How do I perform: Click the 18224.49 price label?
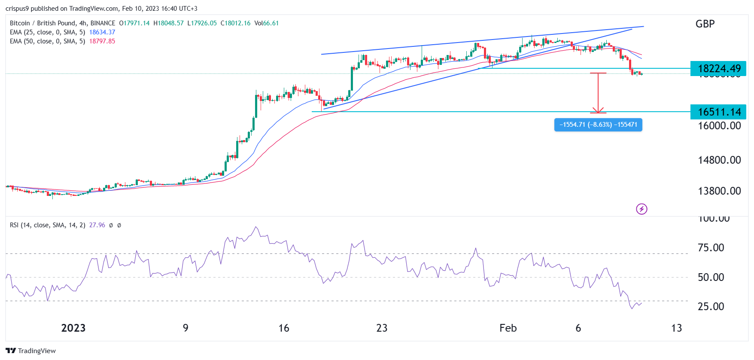pyautogui.click(x=718, y=68)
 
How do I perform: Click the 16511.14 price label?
pyautogui.click(x=718, y=112)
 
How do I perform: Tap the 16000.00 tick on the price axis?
pyautogui.click(x=719, y=126)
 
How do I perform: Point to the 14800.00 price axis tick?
pyautogui.click(x=719, y=160)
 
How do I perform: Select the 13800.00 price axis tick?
pyautogui.click(x=719, y=191)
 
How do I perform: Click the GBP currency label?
pyautogui.click(x=705, y=24)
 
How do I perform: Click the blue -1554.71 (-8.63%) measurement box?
pyautogui.click(x=598, y=125)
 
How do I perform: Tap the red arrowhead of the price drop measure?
pyautogui.click(x=598, y=110)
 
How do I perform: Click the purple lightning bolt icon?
pyautogui.click(x=642, y=209)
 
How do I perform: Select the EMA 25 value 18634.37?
pyautogui.click(x=102, y=32)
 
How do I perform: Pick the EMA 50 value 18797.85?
pyautogui.click(x=102, y=41)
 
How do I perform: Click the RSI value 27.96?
pyautogui.click(x=97, y=225)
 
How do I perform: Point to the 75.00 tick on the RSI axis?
pyautogui.click(x=711, y=248)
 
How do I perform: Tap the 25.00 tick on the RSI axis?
pyautogui.click(x=711, y=307)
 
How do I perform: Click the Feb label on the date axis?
pyautogui.click(x=508, y=328)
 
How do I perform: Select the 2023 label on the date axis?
pyautogui.click(x=73, y=328)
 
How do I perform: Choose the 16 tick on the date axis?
pyautogui.click(x=284, y=328)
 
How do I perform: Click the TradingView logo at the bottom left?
pyautogui.click(x=31, y=351)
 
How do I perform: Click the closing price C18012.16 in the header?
pyautogui.click(x=235, y=23)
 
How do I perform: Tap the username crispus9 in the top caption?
pyautogui.click(x=17, y=9)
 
